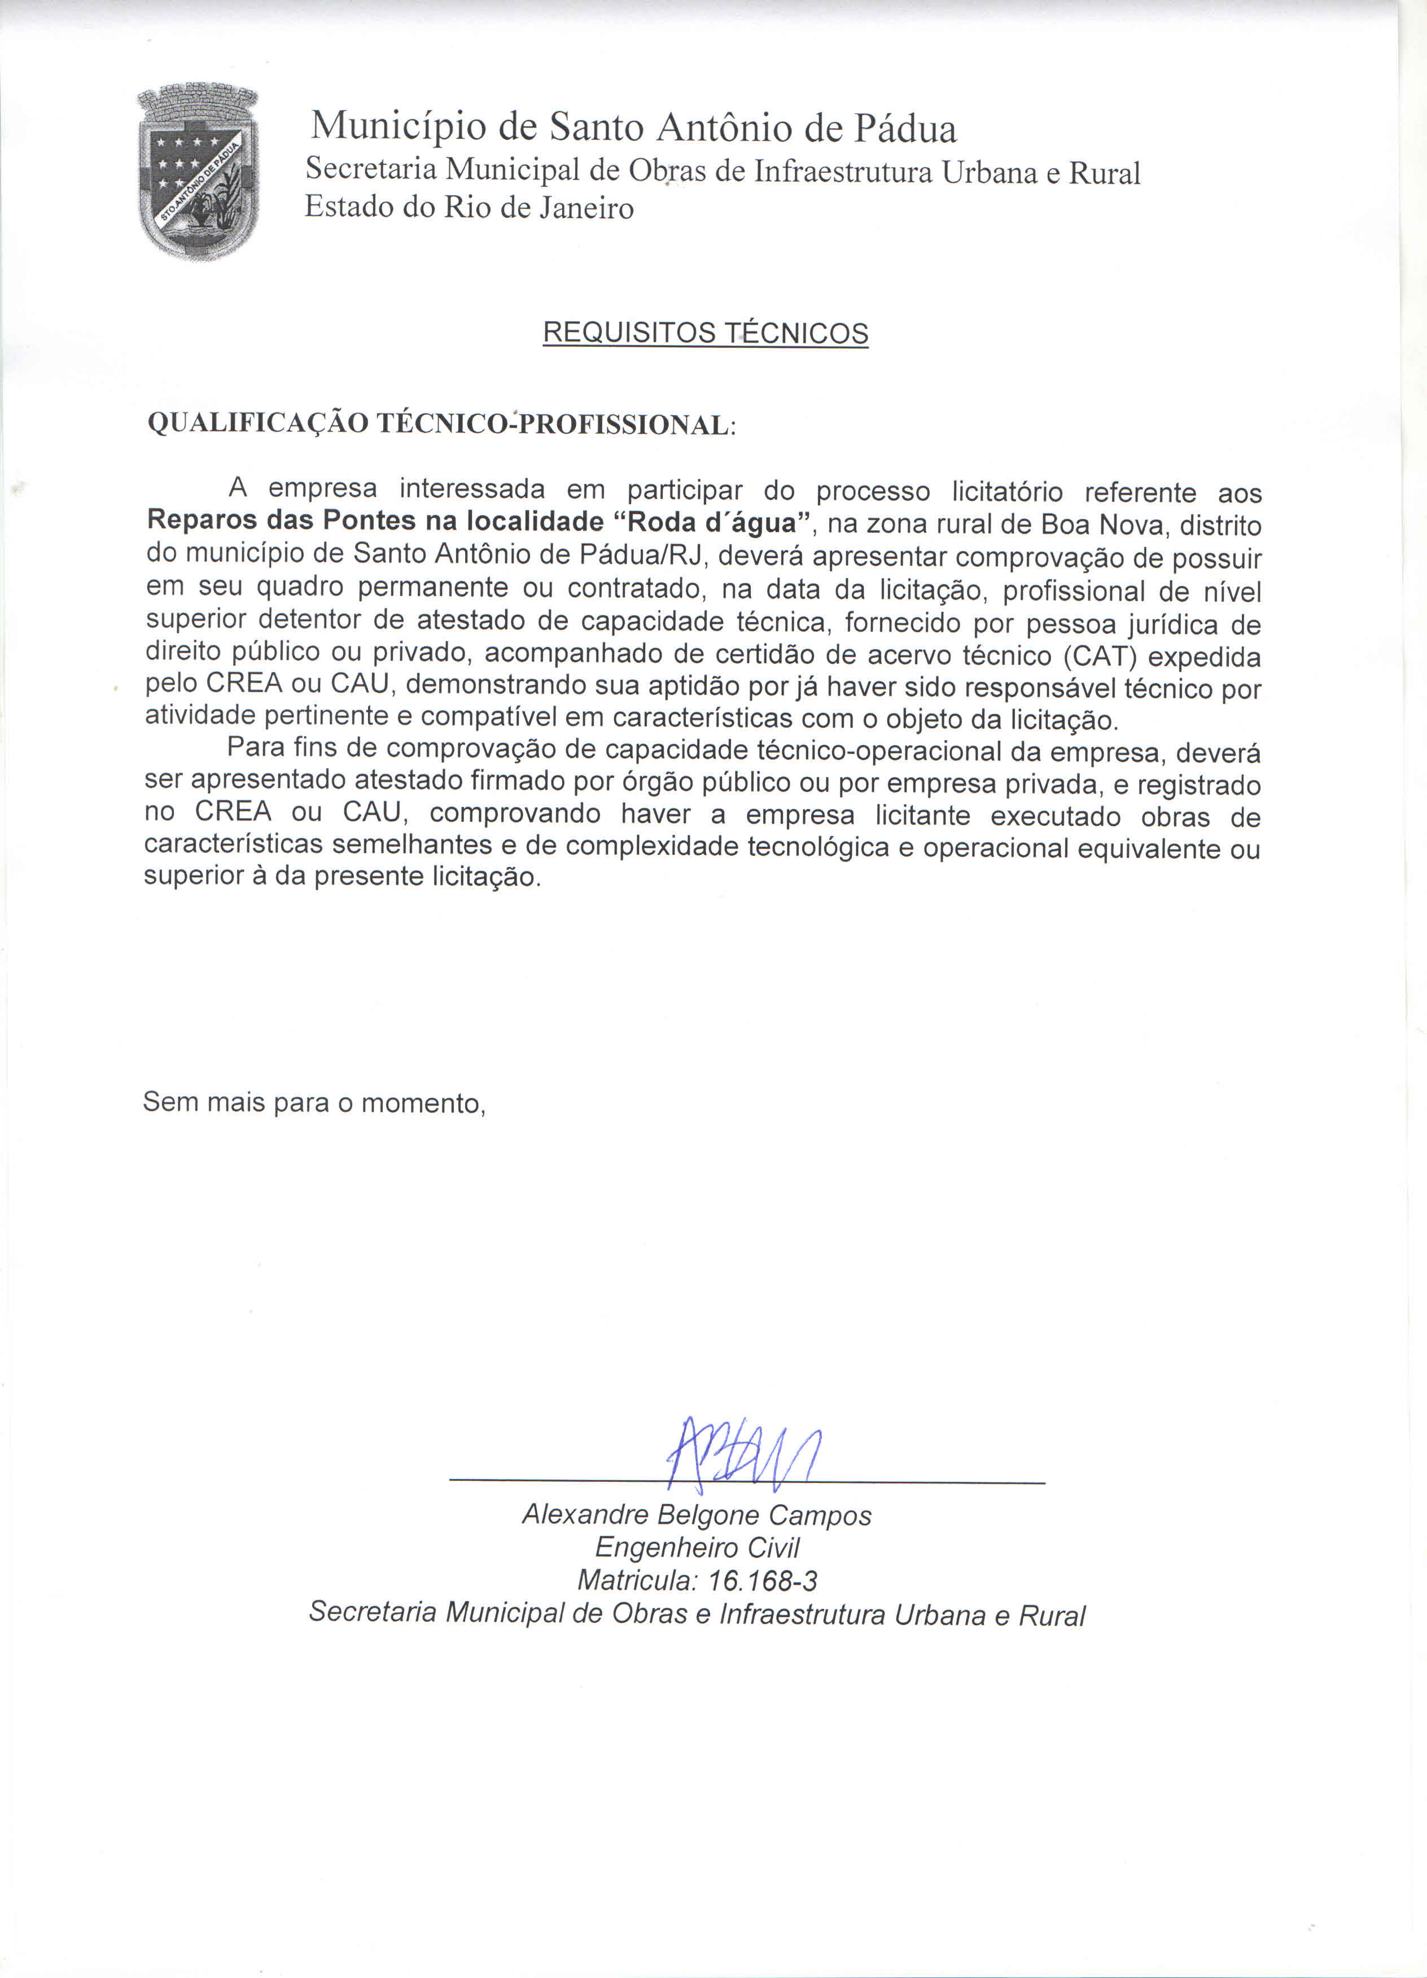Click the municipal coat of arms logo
pos(199,172)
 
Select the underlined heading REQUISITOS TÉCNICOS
pos(705,333)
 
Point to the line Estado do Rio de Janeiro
pos(469,208)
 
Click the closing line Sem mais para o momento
pos(314,1102)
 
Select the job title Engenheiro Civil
pos(697,1547)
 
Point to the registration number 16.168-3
pos(763,1580)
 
